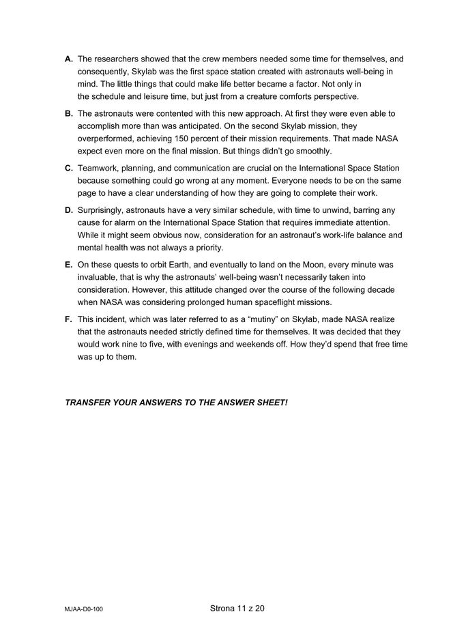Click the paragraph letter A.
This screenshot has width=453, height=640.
point(69,59)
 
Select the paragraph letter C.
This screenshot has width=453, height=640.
point(69,168)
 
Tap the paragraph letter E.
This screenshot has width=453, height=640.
point(69,264)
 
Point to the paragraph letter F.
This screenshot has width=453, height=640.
point(69,319)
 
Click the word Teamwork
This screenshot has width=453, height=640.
point(99,168)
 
